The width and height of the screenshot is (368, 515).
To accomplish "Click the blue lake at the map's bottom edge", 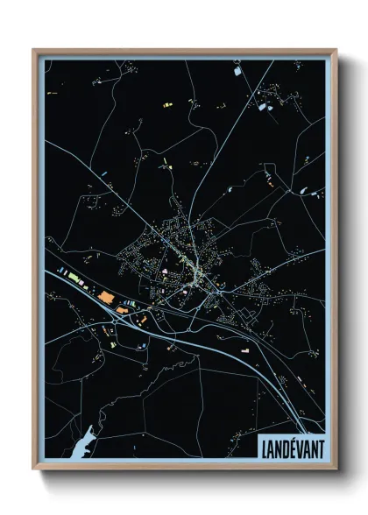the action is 81,445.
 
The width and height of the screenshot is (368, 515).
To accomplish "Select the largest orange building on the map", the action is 107,298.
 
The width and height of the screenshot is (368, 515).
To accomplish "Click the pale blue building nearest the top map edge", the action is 260,107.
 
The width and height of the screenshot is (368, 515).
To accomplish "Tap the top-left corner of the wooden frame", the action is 34,51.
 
